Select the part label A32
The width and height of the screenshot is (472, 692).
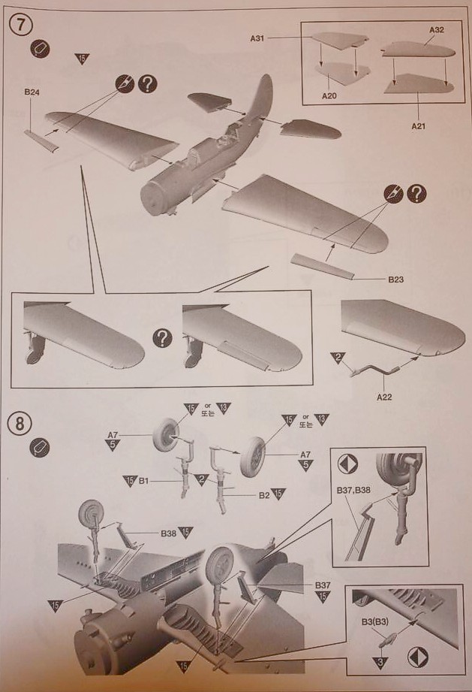pyautogui.click(x=437, y=30)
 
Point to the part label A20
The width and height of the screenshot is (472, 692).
pyautogui.click(x=329, y=96)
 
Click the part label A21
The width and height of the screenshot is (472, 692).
pyautogui.click(x=418, y=125)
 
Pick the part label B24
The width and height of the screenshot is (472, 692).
pyautogui.click(x=32, y=92)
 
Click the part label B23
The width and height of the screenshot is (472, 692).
pyautogui.click(x=396, y=280)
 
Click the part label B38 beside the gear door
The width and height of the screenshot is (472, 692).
pyautogui.click(x=168, y=533)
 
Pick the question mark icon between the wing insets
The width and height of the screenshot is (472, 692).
pyautogui.click(x=159, y=337)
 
